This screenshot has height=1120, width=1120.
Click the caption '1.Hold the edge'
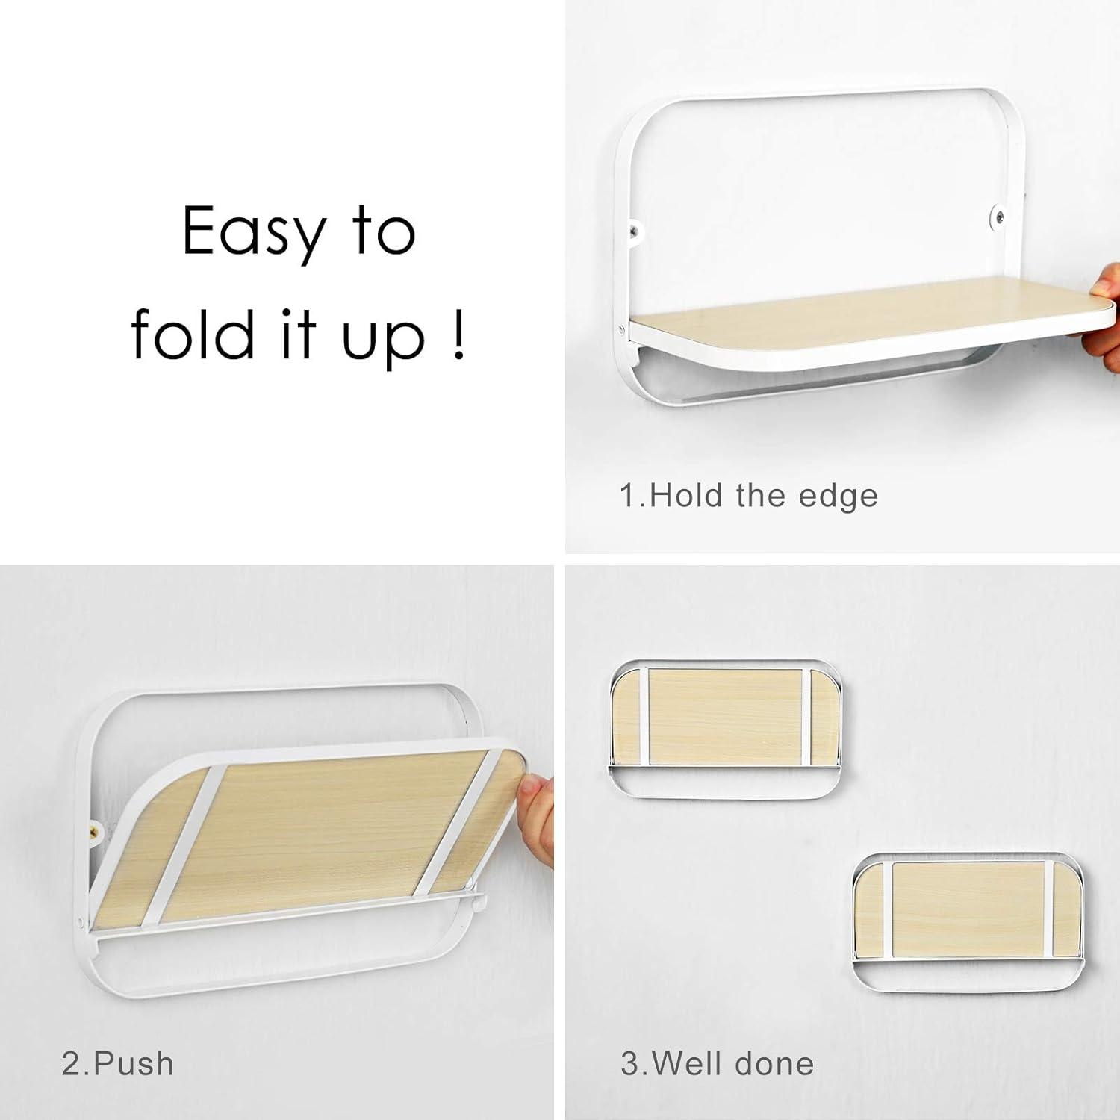(749, 497)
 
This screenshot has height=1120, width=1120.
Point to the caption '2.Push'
(118, 1063)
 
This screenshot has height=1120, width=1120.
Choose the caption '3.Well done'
(717, 1063)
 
